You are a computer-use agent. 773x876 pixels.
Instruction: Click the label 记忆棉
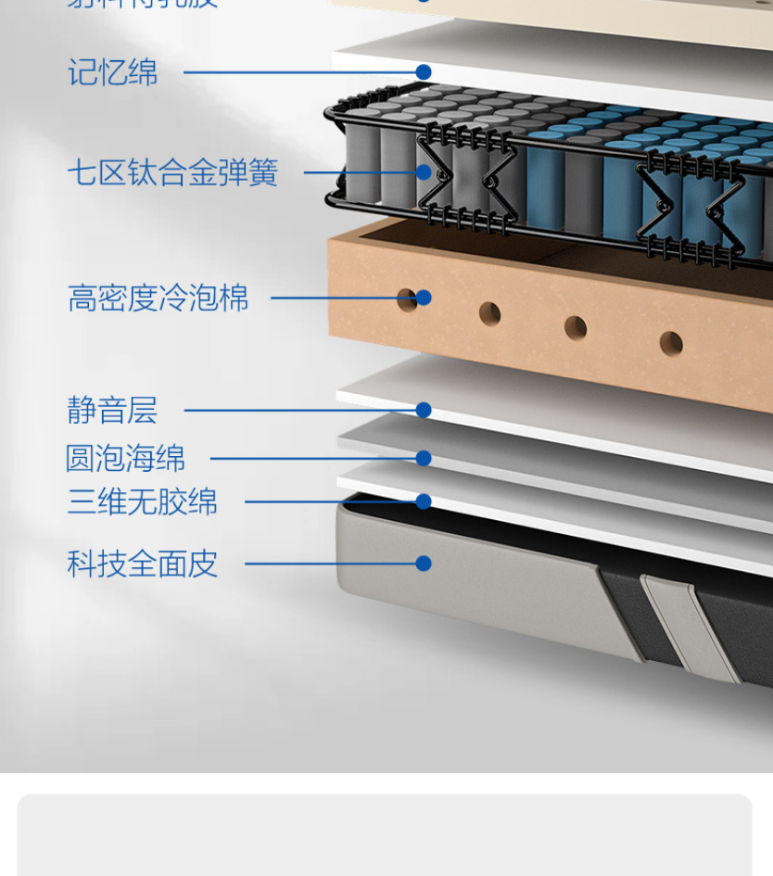[x=112, y=72]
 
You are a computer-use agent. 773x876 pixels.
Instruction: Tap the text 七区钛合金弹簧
[x=172, y=172]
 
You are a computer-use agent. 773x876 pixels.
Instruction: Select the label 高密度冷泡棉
[x=158, y=298]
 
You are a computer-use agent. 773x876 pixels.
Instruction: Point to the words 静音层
[x=112, y=410]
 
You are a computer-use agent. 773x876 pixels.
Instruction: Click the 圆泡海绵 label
[x=125, y=458]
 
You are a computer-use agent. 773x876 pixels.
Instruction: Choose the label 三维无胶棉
[x=142, y=501]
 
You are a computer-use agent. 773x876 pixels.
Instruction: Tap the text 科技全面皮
[x=142, y=564]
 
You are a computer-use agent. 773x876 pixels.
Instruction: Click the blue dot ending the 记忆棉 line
[x=424, y=72]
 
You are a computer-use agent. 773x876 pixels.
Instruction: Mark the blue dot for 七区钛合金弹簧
[x=424, y=172]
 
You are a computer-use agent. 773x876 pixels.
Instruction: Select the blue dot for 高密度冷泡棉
[x=424, y=298]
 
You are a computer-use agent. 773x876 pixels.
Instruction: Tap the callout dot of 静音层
[x=424, y=410]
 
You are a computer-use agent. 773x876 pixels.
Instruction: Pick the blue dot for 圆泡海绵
[x=424, y=458]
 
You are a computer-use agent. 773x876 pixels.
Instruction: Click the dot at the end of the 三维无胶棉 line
[x=424, y=501]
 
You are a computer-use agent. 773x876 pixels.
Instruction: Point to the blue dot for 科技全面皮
[x=424, y=564]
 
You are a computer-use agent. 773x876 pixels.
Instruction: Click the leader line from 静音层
[x=297, y=410]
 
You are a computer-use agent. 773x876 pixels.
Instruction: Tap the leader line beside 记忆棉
[x=297, y=72]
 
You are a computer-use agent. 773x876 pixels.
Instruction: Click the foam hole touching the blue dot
[x=405, y=299]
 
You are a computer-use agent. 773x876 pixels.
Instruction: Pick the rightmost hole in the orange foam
[x=671, y=344]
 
